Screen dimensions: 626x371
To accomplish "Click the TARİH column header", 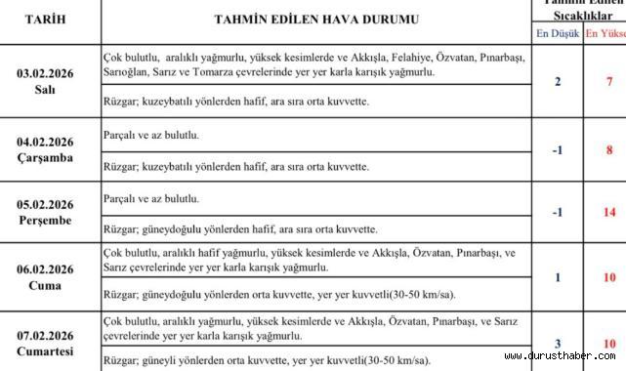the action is [x=51, y=19].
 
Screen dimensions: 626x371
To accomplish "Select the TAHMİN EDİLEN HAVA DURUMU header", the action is [x=316, y=19].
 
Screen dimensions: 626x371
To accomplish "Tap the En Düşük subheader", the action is [x=557, y=33].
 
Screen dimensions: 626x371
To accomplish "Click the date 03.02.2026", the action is [x=51, y=73].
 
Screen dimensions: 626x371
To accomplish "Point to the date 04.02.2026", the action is [x=51, y=142].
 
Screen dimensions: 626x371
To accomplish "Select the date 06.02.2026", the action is [x=51, y=269].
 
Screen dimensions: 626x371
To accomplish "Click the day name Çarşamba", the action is [x=51, y=157].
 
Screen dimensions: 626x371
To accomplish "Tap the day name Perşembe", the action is [x=51, y=222].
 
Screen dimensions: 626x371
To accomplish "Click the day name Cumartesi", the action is [x=51, y=350].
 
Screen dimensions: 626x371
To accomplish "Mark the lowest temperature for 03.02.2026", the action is [x=558, y=81].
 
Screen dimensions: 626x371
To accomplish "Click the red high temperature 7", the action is [x=609, y=81].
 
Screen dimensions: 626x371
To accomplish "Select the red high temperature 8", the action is [x=609, y=149].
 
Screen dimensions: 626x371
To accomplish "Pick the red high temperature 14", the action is [x=608, y=213].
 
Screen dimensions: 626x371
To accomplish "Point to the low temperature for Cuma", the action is [x=558, y=277].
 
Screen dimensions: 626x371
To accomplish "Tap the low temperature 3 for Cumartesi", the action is [x=558, y=344].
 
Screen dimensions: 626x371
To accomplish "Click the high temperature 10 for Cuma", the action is [x=608, y=277].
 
